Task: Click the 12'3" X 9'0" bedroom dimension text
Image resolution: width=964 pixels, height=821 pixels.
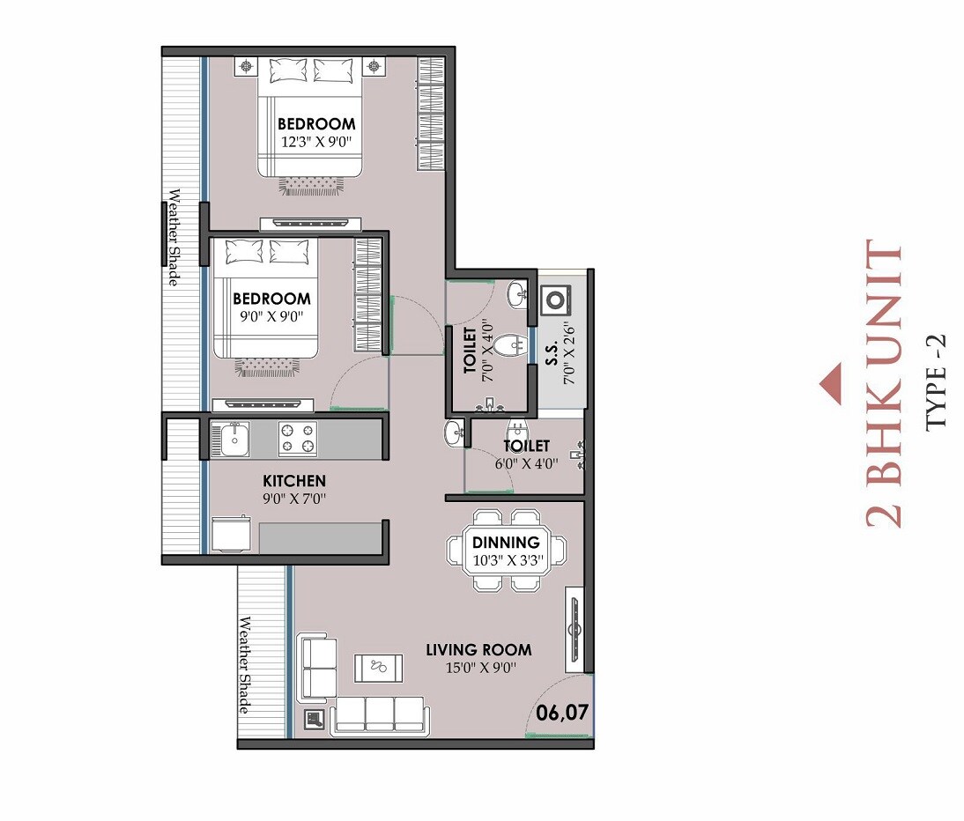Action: pyautogui.click(x=316, y=142)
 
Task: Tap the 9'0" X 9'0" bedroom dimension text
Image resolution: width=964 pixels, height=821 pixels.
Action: pyautogui.click(x=271, y=316)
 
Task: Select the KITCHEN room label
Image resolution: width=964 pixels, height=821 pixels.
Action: pyautogui.click(x=294, y=481)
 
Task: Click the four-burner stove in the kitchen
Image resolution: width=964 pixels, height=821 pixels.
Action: pyautogui.click(x=298, y=439)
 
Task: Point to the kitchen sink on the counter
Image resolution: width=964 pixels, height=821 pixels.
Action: pyautogui.click(x=234, y=439)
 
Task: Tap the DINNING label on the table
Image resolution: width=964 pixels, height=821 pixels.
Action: pyautogui.click(x=506, y=543)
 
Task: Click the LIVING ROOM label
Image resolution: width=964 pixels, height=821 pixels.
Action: pyautogui.click(x=478, y=650)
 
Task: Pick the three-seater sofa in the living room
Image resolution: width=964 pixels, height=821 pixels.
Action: pyautogui.click(x=378, y=715)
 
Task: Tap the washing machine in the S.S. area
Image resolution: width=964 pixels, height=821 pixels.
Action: pyautogui.click(x=556, y=300)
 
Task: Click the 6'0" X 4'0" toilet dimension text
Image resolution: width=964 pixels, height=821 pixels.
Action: pyautogui.click(x=525, y=465)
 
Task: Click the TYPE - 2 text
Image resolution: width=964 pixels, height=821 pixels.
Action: pyautogui.click(x=936, y=381)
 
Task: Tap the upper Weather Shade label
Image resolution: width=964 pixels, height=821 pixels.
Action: pyautogui.click(x=174, y=237)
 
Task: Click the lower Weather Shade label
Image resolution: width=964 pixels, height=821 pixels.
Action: pyautogui.click(x=245, y=666)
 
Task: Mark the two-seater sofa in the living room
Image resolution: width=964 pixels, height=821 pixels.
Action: pyautogui.click(x=317, y=668)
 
